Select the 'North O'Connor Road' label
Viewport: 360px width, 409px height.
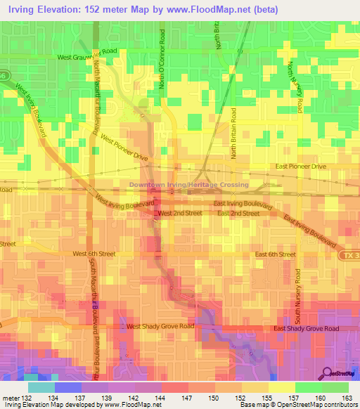(x=162, y=60)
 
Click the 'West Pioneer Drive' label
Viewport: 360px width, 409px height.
(x=124, y=148)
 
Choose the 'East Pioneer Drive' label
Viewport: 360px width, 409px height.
(x=301, y=167)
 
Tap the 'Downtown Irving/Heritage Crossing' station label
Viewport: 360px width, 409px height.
(x=188, y=185)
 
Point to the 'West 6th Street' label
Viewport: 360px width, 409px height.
(x=98, y=254)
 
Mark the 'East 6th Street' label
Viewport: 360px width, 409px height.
(x=275, y=254)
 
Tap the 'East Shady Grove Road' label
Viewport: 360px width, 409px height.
(x=306, y=328)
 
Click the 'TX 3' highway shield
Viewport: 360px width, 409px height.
(x=351, y=254)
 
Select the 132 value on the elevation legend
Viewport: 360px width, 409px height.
(x=28, y=398)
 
